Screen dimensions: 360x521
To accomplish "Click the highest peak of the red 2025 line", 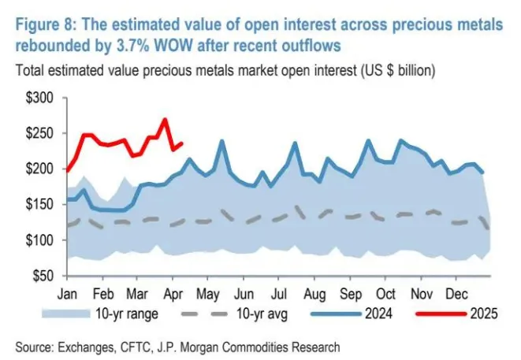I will (x=165, y=120).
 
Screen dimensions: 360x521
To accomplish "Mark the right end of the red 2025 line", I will (x=183, y=143).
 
